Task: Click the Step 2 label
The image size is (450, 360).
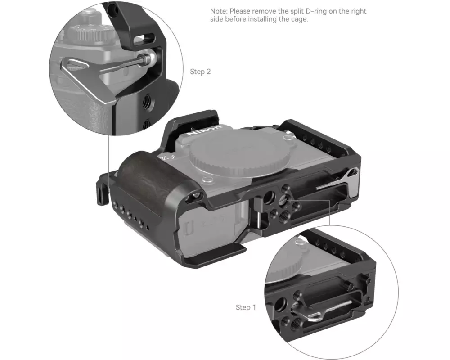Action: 200,72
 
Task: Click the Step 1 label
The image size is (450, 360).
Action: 246,307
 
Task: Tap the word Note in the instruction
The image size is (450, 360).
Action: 219,11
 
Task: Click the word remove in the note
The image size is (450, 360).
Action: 263,11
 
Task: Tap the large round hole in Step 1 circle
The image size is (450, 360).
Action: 281,304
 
